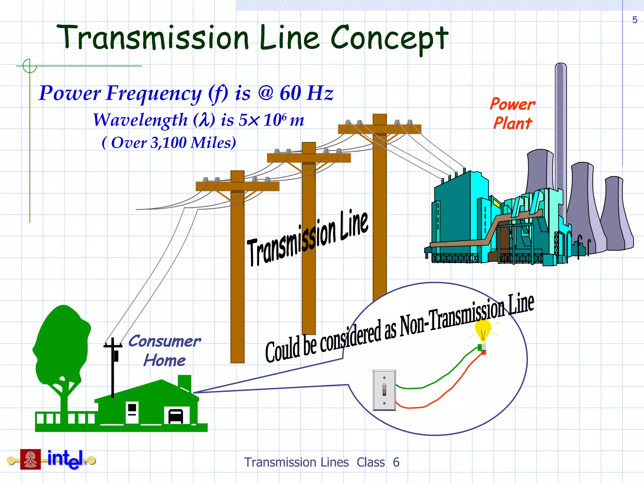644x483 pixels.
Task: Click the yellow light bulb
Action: click(x=483, y=330)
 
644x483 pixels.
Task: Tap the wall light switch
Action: click(x=384, y=390)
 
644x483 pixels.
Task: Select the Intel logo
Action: click(x=65, y=459)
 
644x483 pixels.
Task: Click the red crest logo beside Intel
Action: click(x=31, y=459)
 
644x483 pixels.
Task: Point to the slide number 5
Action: click(x=635, y=20)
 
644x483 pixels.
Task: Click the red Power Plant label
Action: click(x=513, y=114)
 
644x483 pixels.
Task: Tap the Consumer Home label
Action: click(x=164, y=351)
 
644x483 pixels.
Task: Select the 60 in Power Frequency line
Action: click(x=290, y=93)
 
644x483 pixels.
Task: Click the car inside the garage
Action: click(x=176, y=416)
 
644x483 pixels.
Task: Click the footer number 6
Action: click(x=396, y=463)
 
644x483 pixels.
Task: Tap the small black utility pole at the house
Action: click(x=113, y=368)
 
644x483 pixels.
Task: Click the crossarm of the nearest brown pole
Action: click(x=237, y=186)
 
